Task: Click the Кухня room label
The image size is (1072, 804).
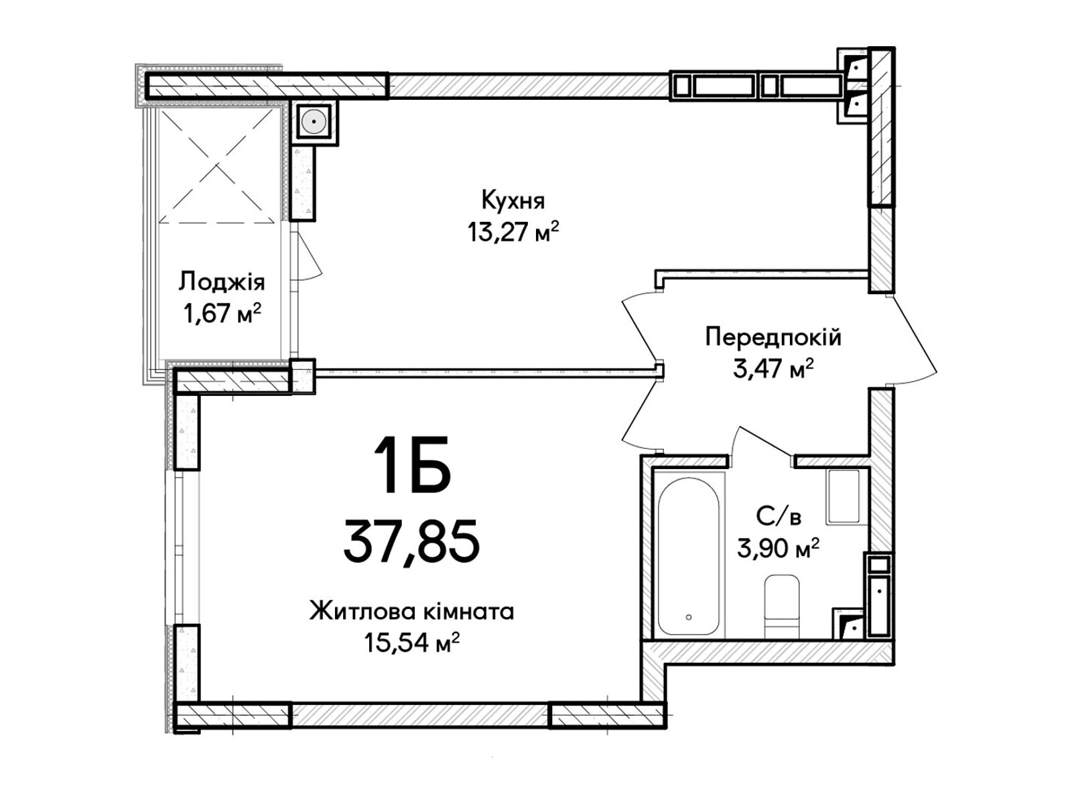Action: click(x=513, y=200)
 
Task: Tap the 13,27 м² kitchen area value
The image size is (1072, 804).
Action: click(x=513, y=231)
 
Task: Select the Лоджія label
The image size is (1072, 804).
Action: click(x=222, y=283)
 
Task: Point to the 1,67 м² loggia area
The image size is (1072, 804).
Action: click(x=222, y=313)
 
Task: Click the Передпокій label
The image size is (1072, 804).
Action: click(x=773, y=337)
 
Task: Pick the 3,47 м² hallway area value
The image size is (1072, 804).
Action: click(x=773, y=368)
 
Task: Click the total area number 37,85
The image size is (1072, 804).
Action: click(x=411, y=541)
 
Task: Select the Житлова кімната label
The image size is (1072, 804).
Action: click(x=411, y=611)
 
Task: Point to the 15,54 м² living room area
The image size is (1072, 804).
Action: click(x=411, y=643)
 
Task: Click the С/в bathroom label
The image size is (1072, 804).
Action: click(x=779, y=517)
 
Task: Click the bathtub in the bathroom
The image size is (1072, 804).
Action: click(x=689, y=556)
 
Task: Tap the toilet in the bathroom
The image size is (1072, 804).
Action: click(x=781, y=606)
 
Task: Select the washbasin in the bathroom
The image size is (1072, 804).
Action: click(x=843, y=497)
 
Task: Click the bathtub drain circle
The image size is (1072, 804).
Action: click(x=689, y=617)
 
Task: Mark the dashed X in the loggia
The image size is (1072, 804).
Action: click(x=217, y=165)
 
